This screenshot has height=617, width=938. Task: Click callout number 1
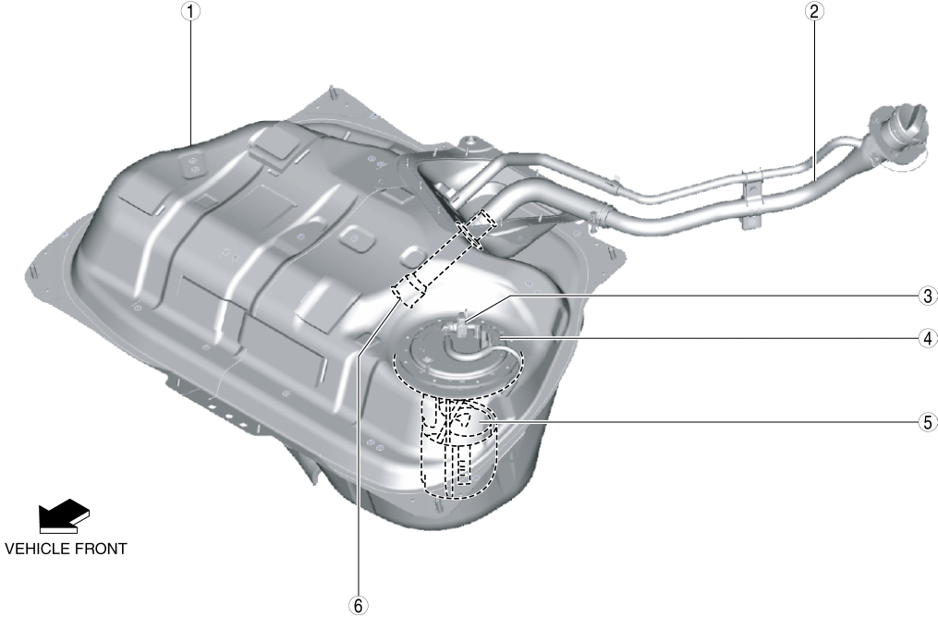tap(190, 11)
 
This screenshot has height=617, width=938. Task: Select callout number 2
tap(813, 11)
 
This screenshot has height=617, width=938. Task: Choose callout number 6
tap(359, 606)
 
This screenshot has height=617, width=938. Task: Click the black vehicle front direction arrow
tap(64, 515)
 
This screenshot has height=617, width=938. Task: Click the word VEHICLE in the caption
tap(41, 549)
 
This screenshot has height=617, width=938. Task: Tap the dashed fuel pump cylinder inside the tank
tap(460, 446)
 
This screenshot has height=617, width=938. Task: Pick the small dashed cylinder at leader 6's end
tap(409, 289)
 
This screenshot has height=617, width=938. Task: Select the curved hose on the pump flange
tap(471, 353)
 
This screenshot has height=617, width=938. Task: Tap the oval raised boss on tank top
tap(356, 237)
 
